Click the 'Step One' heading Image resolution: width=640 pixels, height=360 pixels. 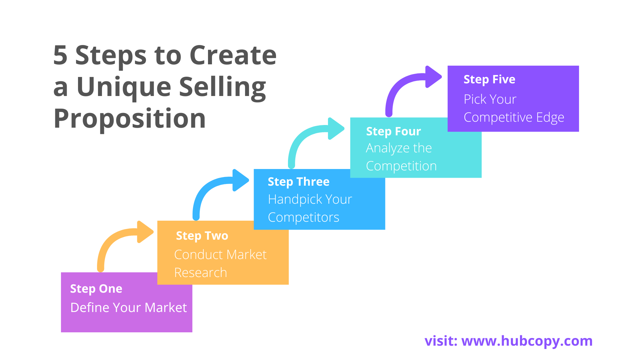[96, 289]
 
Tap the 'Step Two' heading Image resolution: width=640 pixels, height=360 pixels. [202, 236]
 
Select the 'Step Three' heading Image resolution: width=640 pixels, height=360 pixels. [299, 182]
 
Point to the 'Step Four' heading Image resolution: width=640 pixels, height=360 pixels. [393, 132]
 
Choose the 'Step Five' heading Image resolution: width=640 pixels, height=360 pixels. [489, 80]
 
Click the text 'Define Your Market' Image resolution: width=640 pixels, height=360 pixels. [129, 308]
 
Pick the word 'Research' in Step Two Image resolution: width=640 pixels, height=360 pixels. [201, 273]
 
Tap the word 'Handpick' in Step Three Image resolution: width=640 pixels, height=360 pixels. [295, 200]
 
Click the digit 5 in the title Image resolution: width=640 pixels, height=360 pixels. [60, 55]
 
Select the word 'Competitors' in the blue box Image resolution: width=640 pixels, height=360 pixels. [304, 218]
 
